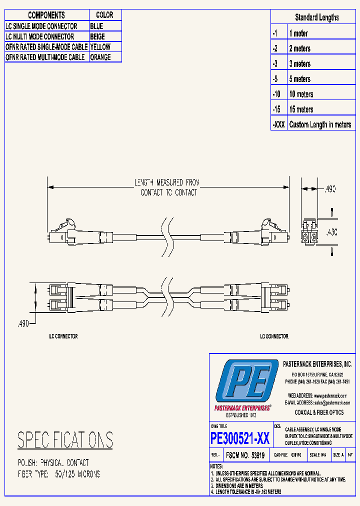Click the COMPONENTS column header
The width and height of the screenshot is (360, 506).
click(x=46, y=15)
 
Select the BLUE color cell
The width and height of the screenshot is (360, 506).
click(x=97, y=26)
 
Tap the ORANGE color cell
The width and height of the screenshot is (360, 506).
click(x=100, y=57)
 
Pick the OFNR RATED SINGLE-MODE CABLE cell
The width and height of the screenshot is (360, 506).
click(x=46, y=46)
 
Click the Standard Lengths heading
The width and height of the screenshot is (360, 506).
click(x=316, y=17)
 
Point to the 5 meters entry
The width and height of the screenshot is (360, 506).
click(x=299, y=79)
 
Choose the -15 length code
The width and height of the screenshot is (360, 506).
click(x=276, y=109)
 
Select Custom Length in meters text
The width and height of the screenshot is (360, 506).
click(x=320, y=124)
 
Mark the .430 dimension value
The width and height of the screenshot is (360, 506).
click(x=331, y=232)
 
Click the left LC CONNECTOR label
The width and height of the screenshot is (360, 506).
click(x=63, y=336)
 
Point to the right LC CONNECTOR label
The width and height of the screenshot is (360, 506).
click(x=274, y=336)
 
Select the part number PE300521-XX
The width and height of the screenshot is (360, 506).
click(x=240, y=438)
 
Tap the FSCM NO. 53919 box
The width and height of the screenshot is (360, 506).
click(x=245, y=455)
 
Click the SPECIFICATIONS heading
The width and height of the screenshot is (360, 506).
click(x=65, y=440)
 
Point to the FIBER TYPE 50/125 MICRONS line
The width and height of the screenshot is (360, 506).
click(x=59, y=473)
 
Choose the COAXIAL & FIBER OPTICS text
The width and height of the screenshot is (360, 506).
click(x=318, y=412)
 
